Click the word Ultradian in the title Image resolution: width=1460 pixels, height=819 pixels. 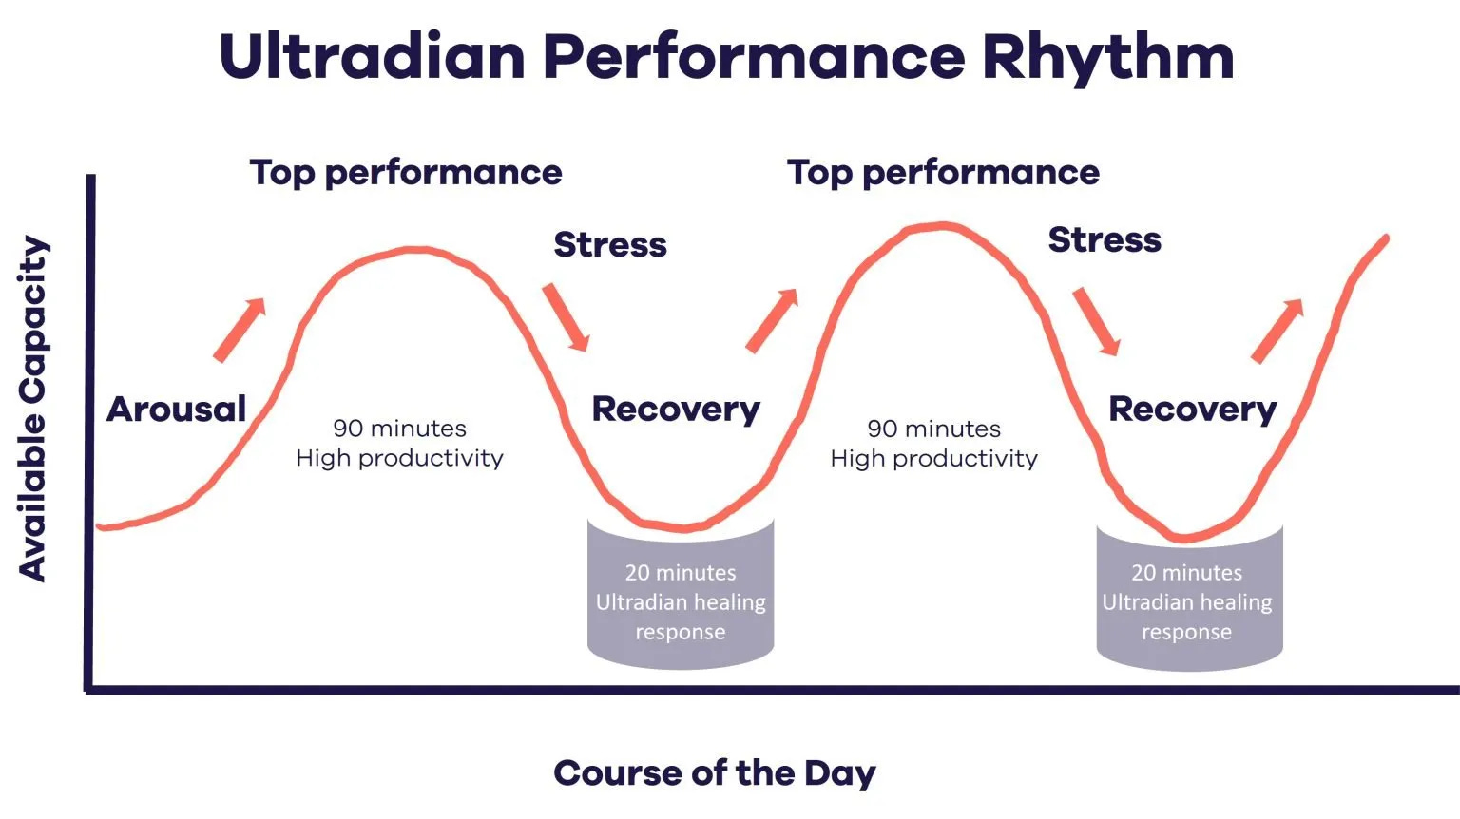[x=373, y=56]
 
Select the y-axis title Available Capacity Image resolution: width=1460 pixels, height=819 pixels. [x=32, y=409]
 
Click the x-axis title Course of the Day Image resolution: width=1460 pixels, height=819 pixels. [x=715, y=774]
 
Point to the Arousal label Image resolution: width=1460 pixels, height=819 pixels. [x=177, y=409]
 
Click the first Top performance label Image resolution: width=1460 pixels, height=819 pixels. [x=406, y=173]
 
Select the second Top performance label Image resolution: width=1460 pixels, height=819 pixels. [x=943, y=173]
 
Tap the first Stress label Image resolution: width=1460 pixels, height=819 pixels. [x=610, y=245]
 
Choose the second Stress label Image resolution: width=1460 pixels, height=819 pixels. [x=1105, y=239]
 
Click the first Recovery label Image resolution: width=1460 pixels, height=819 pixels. [x=676, y=410]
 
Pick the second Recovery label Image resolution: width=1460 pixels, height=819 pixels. [x=1193, y=410]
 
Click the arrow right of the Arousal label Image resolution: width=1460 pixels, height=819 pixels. [x=240, y=330]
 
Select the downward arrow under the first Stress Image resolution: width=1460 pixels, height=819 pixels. [x=567, y=317]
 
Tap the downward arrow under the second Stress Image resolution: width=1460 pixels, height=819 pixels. [x=1097, y=322]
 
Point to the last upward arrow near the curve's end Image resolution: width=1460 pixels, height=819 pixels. [x=1277, y=331]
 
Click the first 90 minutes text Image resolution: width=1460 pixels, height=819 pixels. [x=399, y=429]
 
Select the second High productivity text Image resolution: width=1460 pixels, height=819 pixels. [x=934, y=459]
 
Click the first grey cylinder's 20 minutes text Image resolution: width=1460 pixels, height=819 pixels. [x=681, y=573]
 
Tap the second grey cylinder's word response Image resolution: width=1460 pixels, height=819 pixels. [x=1187, y=633]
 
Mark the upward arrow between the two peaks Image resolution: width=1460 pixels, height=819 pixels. [x=773, y=320]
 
